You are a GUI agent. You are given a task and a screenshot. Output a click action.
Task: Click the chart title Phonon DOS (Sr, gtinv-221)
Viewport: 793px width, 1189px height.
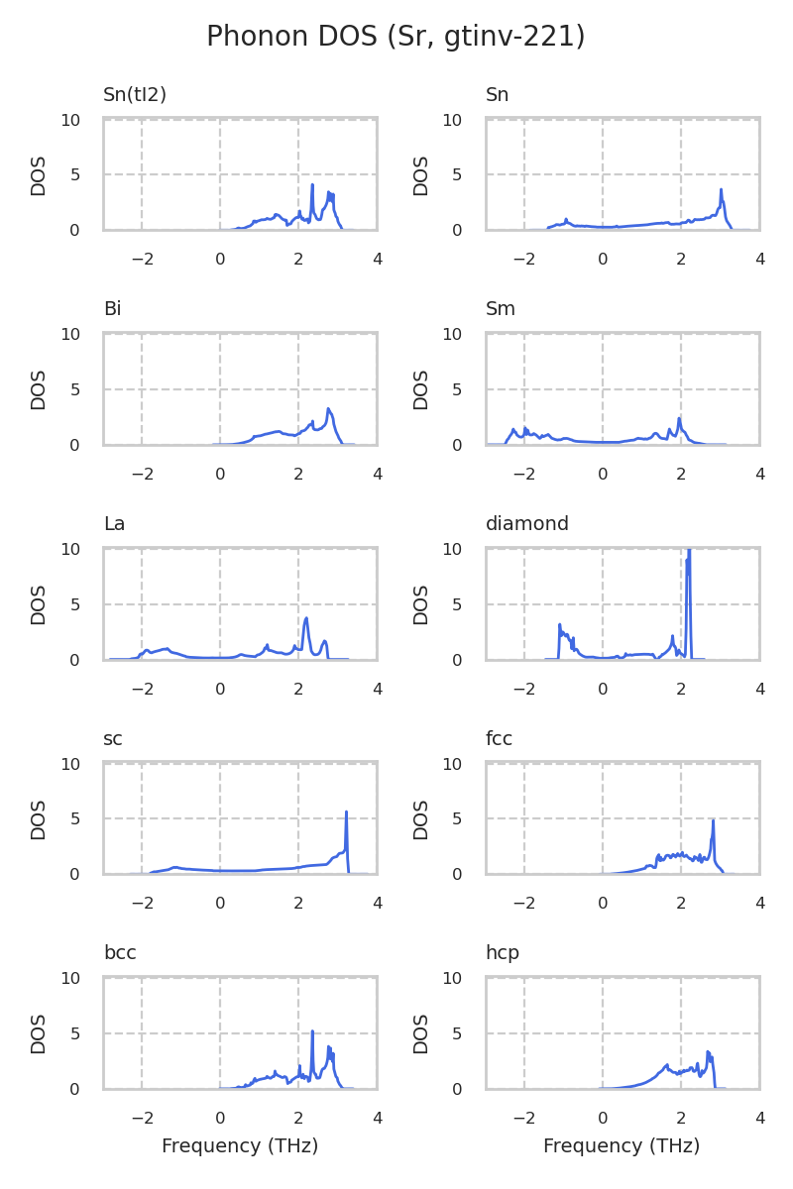(396, 37)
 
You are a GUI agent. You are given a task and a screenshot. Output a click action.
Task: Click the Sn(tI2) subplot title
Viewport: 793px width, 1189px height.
(135, 95)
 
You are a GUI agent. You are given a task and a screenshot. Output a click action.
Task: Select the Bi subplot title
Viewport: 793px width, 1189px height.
(112, 309)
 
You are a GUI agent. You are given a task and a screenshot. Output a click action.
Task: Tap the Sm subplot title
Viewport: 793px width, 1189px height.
(501, 309)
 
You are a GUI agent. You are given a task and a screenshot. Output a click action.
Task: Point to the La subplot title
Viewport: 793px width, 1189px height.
(114, 524)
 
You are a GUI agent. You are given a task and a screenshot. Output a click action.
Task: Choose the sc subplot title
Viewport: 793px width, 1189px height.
(113, 739)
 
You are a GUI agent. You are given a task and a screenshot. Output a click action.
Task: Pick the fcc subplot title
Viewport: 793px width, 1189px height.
(499, 739)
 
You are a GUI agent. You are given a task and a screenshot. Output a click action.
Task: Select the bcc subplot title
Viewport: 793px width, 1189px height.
(120, 953)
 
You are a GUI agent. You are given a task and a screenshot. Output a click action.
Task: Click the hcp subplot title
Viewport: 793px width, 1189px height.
(503, 953)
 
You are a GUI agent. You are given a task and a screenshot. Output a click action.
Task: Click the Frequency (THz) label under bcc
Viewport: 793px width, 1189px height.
(240, 1146)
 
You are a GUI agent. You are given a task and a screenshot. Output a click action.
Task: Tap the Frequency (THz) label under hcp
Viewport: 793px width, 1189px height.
(622, 1146)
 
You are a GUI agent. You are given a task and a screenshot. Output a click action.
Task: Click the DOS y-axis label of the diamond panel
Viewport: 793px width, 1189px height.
(421, 604)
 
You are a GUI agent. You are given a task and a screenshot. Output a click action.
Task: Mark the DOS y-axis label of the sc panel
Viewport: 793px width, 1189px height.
(39, 819)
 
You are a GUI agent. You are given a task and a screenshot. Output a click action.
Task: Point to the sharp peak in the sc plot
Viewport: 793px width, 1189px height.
(346, 812)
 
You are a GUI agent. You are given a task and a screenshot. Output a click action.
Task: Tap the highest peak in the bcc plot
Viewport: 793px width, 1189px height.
(312, 1031)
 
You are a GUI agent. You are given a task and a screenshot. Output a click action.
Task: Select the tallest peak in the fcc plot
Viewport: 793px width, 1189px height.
(713, 820)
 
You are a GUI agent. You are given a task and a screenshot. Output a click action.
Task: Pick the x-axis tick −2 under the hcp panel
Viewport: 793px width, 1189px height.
(524, 1119)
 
